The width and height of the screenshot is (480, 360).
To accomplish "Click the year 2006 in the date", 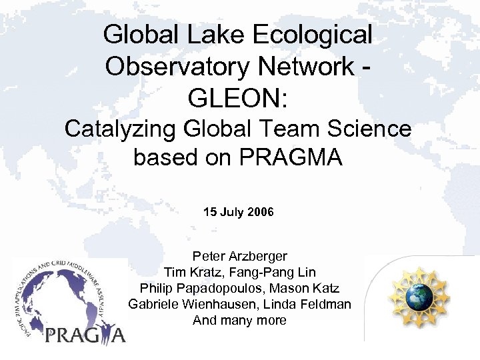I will (260, 213).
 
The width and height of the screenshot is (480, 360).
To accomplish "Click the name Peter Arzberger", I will (239, 256).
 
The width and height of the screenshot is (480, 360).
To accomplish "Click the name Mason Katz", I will (307, 288).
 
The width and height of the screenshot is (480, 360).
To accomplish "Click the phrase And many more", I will (239, 320).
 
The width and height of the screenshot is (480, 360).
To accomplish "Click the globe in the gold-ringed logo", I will (420, 297).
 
